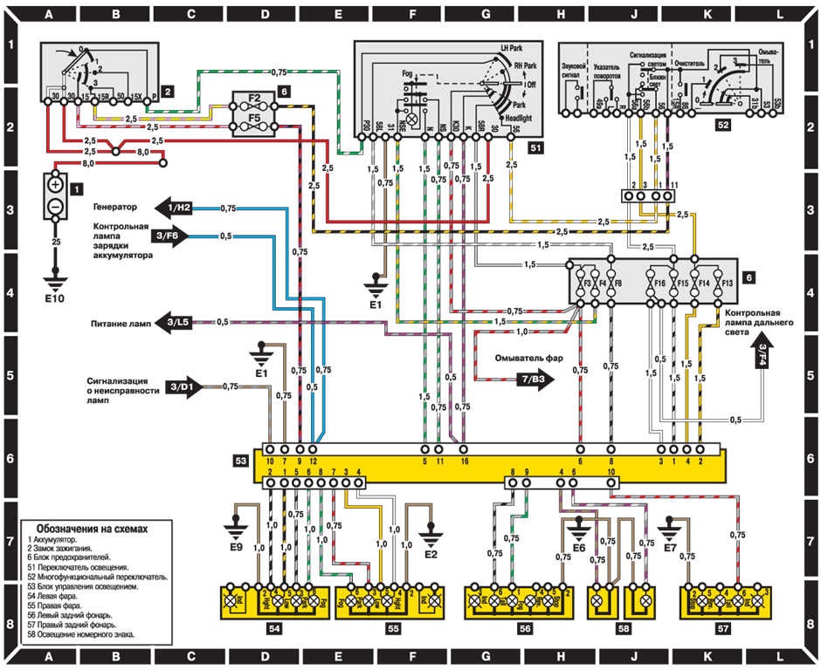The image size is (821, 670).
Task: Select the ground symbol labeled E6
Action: (x=578, y=527)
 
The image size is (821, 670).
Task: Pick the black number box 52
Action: (x=721, y=125)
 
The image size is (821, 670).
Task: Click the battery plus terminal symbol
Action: (x=54, y=185)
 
